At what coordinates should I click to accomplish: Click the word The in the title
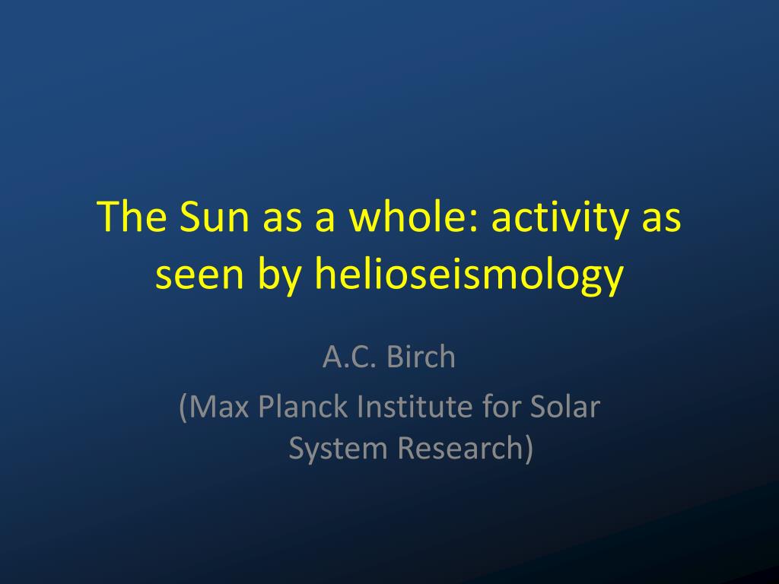[x=132, y=216]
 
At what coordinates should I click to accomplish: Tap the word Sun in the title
[x=214, y=216]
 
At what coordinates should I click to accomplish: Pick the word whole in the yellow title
[x=408, y=216]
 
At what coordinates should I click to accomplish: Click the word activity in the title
[x=559, y=218]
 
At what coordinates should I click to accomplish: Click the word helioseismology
[x=469, y=275]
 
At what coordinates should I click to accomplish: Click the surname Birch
[x=421, y=356]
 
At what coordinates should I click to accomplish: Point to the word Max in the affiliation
[x=218, y=407]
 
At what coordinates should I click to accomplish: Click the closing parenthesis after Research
[x=529, y=449]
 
